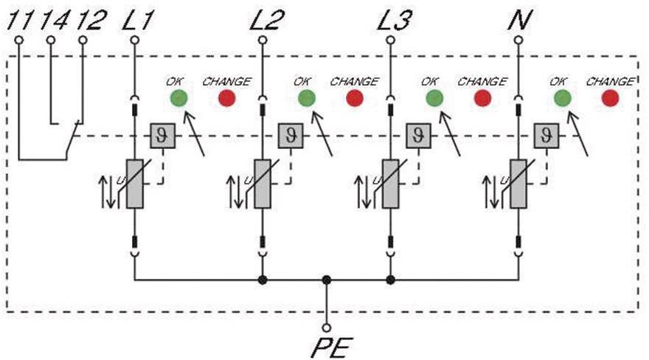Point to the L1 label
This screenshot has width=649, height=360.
click(137, 20)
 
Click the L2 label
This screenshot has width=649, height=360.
click(265, 20)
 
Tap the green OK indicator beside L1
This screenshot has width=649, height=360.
click(178, 97)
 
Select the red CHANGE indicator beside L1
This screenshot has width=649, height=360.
click(226, 97)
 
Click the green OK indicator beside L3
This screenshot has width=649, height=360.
click(434, 97)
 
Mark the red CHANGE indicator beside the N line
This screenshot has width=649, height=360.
click(610, 97)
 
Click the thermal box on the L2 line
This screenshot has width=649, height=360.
click(288, 135)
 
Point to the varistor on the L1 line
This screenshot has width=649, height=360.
click(134, 183)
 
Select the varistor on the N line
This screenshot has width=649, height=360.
click(518, 183)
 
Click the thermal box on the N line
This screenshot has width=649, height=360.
click(546, 135)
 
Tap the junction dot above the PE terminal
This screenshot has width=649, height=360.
click(327, 280)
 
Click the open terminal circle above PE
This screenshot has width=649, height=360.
click(327, 327)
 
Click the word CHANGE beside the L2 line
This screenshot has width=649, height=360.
click(354, 81)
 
